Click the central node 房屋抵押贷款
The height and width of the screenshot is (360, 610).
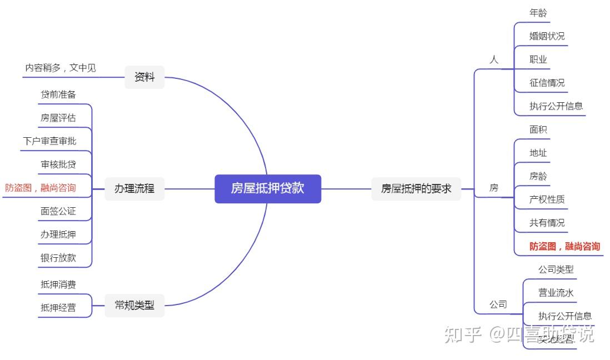tap(268, 188)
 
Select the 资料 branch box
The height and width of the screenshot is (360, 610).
tap(144, 77)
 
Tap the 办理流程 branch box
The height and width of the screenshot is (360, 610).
tap(134, 188)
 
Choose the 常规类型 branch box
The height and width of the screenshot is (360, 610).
tap(134, 304)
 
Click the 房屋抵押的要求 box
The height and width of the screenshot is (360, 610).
tap(416, 188)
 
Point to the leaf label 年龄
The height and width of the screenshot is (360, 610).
tap(538, 12)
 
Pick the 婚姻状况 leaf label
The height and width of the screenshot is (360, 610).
tap(547, 36)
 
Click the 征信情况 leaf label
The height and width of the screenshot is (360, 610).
tap(547, 83)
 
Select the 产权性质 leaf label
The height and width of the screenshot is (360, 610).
tap(547, 199)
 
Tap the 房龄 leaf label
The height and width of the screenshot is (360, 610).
tap(538, 176)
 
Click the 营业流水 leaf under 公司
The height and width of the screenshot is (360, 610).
tap(556, 293)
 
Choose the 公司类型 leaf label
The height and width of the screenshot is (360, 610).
tap(556, 269)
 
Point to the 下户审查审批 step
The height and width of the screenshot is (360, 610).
tap(49, 141)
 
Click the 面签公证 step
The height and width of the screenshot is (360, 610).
tap(58, 211)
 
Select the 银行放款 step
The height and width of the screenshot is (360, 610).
tap(58, 258)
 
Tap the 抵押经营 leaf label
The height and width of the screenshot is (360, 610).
tap(58, 307)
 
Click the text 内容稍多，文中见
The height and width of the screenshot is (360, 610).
tap(61, 68)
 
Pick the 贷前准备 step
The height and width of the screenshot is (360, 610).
tap(58, 94)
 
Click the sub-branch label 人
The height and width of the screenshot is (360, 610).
tap(494, 59)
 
